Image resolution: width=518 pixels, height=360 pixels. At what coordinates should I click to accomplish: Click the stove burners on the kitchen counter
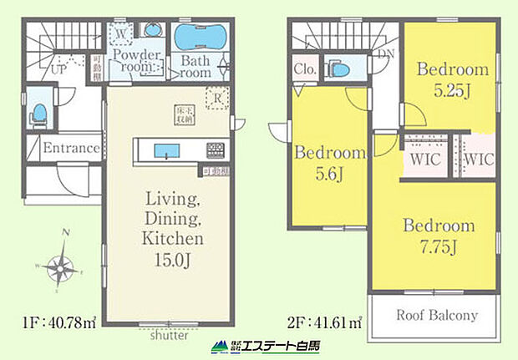pyautogui.click(x=214, y=151)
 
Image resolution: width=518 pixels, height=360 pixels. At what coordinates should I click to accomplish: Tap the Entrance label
pyautogui.click(x=72, y=149)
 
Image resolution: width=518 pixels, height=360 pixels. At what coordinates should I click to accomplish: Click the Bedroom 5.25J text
pyautogui.click(x=452, y=80)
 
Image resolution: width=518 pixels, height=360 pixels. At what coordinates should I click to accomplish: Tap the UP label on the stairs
pyautogui.click(x=58, y=71)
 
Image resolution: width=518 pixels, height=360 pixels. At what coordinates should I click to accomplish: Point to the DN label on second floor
pyautogui.click(x=385, y=53)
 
